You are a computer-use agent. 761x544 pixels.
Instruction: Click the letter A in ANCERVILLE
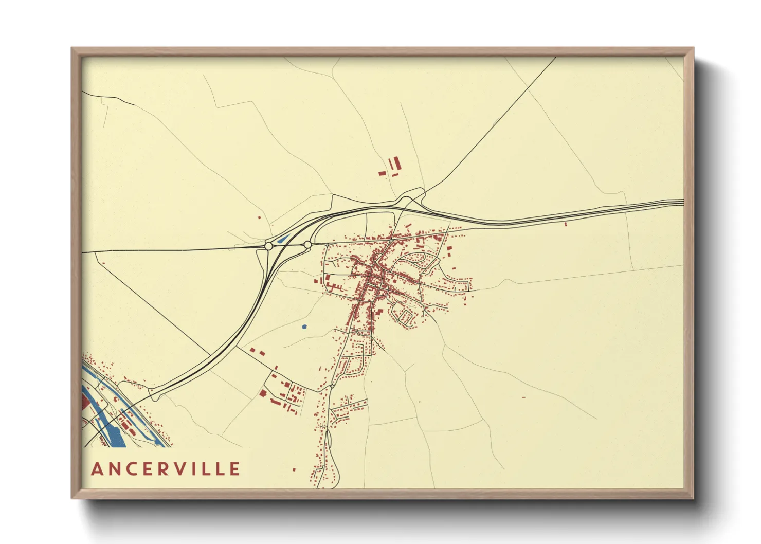coord(97,469)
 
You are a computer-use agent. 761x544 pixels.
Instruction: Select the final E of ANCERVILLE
coord(235,469)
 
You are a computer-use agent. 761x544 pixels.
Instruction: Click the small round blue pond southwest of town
coord(304,327)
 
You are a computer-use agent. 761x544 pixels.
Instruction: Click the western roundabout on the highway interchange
coord(268,246)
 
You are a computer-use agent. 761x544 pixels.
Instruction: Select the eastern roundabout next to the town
coord(307,245)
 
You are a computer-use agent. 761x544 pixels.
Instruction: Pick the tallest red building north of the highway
coord(397,164)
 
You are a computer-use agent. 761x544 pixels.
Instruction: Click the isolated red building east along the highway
coord(565,224)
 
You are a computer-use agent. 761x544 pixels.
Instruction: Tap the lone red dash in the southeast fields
coord(523,397)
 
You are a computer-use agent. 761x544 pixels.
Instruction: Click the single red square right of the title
coord(294,469)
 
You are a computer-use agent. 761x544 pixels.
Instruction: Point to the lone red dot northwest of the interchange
coord(259,217)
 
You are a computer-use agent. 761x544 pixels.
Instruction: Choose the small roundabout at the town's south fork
coord(333,385)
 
